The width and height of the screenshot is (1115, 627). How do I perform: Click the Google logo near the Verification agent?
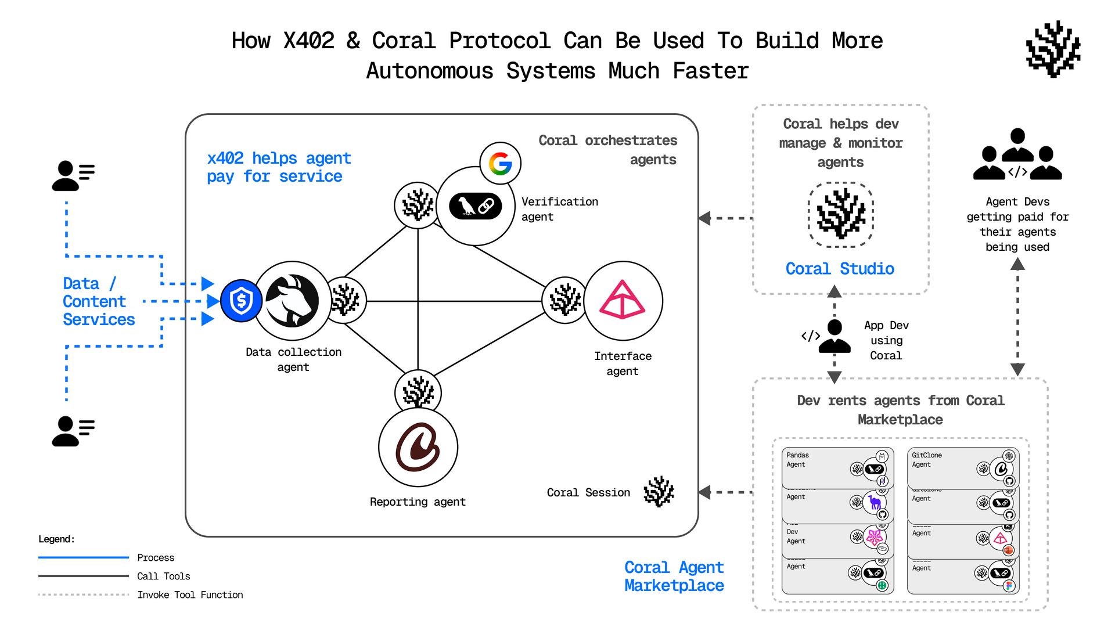click(500, 164)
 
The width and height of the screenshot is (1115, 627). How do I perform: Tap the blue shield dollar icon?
click(241, 301)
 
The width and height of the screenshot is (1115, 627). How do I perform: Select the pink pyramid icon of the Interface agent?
click(623, 300)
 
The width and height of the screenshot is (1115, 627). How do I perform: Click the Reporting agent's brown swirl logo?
click(418, 447)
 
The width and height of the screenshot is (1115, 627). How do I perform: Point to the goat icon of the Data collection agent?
click(292, 301)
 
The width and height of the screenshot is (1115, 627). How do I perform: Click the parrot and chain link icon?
click(475, 206)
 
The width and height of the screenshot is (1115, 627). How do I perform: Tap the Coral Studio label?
click(840, 269)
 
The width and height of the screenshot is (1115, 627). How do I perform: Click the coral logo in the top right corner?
click(1053, 49)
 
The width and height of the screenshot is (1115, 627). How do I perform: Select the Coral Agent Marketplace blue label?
click(674, 576)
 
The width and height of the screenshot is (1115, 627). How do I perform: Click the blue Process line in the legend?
click(84, 557)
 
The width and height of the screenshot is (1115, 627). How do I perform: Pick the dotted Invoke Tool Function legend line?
click(84, 594)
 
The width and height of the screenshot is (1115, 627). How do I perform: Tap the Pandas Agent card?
click(836, 467)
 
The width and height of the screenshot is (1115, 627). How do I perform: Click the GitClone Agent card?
click(962, 467)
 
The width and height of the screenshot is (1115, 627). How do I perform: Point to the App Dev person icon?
click(835, 337)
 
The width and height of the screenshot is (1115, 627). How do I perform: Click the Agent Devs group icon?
click(1017, 156)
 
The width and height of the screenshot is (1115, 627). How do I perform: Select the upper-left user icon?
click(73, 176)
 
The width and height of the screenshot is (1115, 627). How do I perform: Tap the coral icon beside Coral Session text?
click(659, 492)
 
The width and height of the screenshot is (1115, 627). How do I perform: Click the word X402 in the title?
click(308, 41)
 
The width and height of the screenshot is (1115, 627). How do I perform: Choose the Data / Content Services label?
click(98, 301)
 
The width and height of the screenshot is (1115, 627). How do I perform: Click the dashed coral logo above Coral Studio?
click(840, 214)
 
